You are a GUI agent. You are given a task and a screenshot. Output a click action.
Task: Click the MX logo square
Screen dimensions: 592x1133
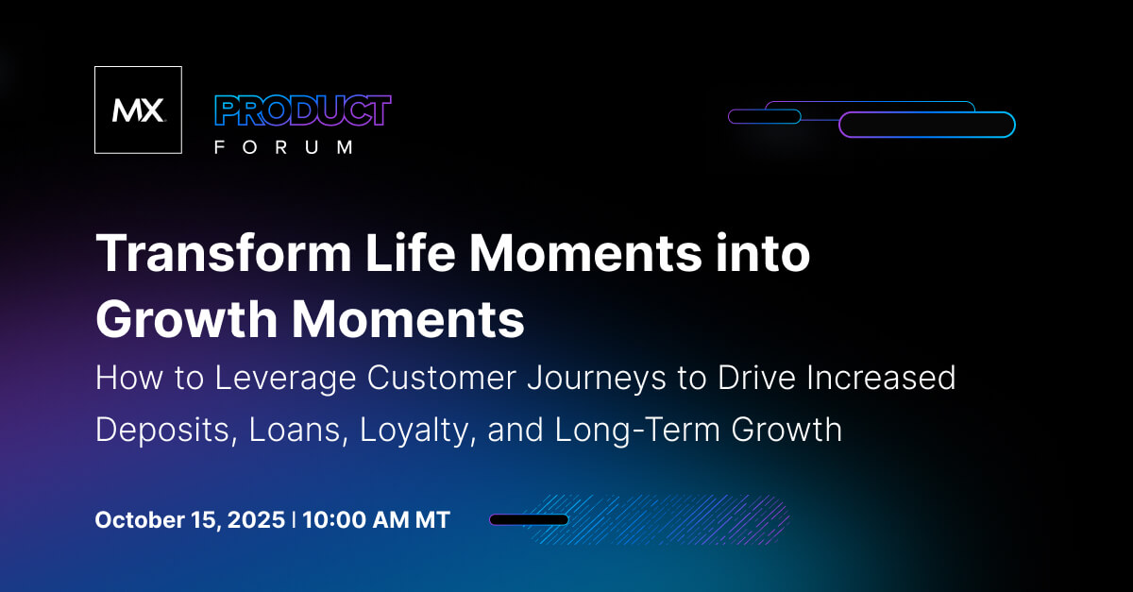(138, 110)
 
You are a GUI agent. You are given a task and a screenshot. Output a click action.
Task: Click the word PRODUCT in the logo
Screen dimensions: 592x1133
(302, 111)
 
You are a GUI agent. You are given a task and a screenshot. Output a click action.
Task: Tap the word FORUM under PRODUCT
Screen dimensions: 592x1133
(283, 147)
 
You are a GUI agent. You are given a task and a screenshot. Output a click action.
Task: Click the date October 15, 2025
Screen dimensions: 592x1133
(190, 520)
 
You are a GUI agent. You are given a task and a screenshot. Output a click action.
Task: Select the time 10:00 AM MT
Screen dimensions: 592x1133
(377, 520)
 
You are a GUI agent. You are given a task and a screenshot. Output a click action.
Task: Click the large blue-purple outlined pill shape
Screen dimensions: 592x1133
(926, 125)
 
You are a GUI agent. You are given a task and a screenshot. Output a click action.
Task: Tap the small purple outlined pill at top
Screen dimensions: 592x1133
(764, 116)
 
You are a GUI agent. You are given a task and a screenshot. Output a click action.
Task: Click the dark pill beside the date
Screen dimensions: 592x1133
(529, 519)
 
